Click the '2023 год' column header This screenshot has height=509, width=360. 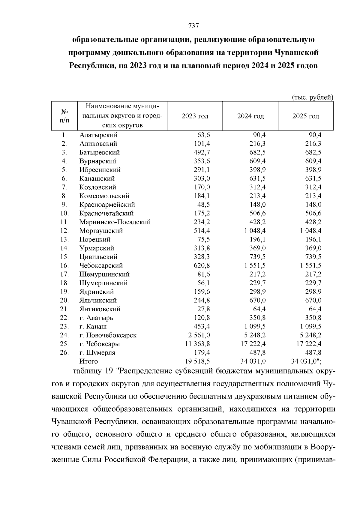(x=195, y=116)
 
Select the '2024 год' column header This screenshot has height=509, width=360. (x=250, y=116)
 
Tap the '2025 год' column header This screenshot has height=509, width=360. (x=305, y=116)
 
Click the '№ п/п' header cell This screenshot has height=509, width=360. (x=64, y=116)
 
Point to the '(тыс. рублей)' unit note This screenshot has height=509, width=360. (x=313, y=97)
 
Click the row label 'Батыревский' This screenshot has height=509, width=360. (x=100, y=152)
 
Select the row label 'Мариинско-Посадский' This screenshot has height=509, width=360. (x=115, y=222)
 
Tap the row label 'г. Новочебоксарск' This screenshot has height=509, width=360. (x=108, y=335)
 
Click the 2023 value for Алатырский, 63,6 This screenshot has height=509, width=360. (x=204, y=135)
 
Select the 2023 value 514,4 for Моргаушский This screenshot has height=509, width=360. (x=202, y=231)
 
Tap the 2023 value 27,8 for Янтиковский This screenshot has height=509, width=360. (x=204, y=309)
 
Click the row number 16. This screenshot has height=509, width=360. (x=64, y=265)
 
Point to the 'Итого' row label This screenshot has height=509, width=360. (x=88, y=361)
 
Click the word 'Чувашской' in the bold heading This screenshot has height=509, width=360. (x=298, y=52)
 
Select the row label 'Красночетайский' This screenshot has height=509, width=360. (x=106, y=213)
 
